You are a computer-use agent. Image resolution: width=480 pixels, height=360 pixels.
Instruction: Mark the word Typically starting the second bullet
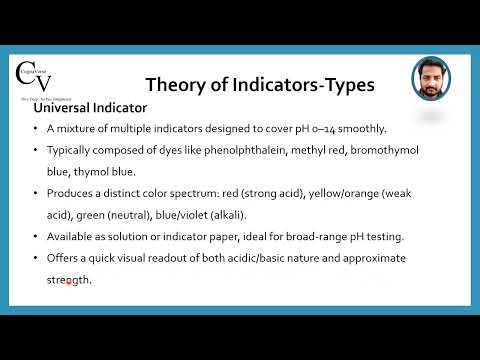pyautogui.click(x=71, y=150)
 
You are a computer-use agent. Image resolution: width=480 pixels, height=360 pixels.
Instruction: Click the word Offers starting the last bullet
pyautogui.click(x=65, y=259)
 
